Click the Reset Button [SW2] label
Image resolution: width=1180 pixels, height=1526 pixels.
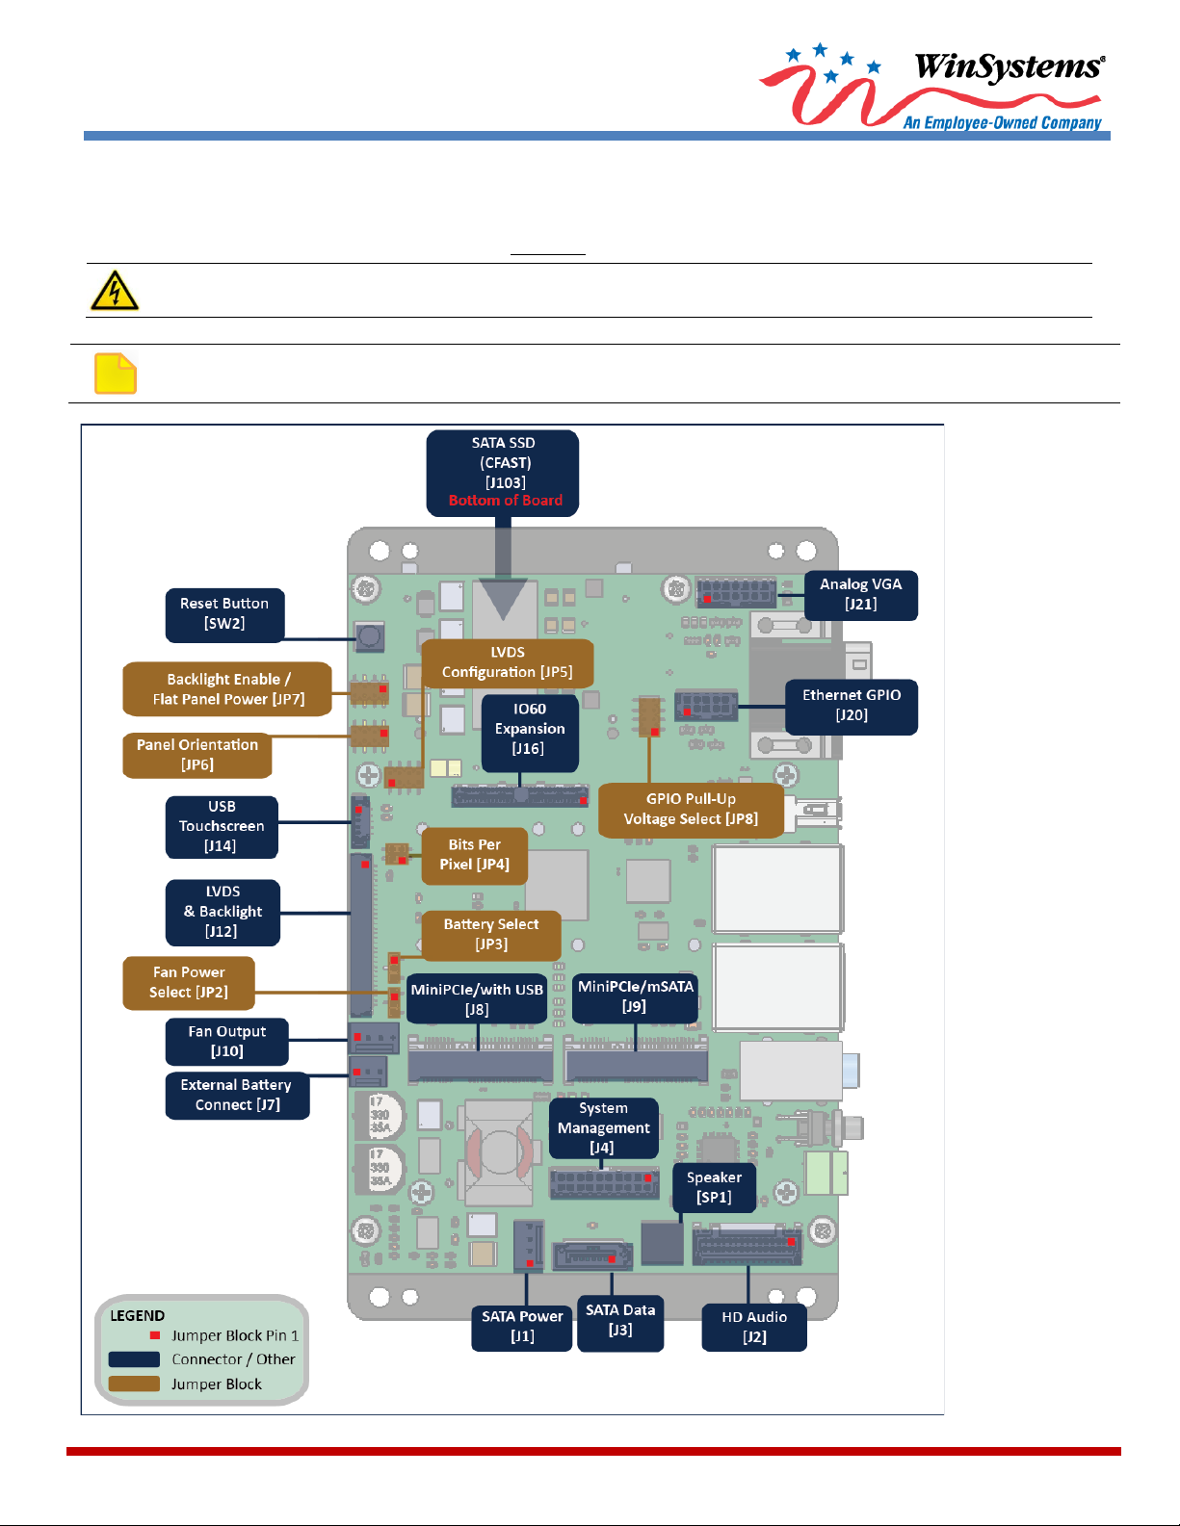tap(224, 614)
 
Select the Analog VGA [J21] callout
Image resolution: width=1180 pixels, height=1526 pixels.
tap(860, 595)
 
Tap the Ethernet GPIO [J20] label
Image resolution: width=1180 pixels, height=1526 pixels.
tap(852, 706)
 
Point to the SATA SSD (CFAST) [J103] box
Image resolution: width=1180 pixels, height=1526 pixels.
tap(503, 463)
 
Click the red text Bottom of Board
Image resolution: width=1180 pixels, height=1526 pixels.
tap(505, 501)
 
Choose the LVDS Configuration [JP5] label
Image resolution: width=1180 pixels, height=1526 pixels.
tap(508, 662)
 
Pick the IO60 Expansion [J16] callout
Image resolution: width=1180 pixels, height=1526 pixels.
tap(530, 729)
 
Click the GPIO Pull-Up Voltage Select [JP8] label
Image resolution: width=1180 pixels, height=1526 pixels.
tap(691, 810)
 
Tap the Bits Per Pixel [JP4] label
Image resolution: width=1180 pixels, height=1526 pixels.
tap(474, 855)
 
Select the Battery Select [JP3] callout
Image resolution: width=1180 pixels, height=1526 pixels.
tap(491, 935)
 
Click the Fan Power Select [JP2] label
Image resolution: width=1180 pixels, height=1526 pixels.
tap(189, 983)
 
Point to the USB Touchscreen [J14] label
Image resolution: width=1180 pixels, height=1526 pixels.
tap(222, 827)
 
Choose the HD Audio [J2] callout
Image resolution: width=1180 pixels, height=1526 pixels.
tap(754, 1328)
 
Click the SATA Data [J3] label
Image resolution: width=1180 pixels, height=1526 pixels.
tap(620, 1321)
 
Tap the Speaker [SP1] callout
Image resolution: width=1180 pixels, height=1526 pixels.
tap(714, 1188)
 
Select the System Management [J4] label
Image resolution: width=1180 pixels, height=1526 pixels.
tap(604, 1128)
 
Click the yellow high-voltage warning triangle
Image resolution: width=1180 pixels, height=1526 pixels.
tap(115, 291)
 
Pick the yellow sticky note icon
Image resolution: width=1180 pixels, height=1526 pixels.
tap(116, 374)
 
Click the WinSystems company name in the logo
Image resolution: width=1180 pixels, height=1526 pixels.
tap(1008, 66)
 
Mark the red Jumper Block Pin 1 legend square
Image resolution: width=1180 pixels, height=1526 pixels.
tap(155, 1335)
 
